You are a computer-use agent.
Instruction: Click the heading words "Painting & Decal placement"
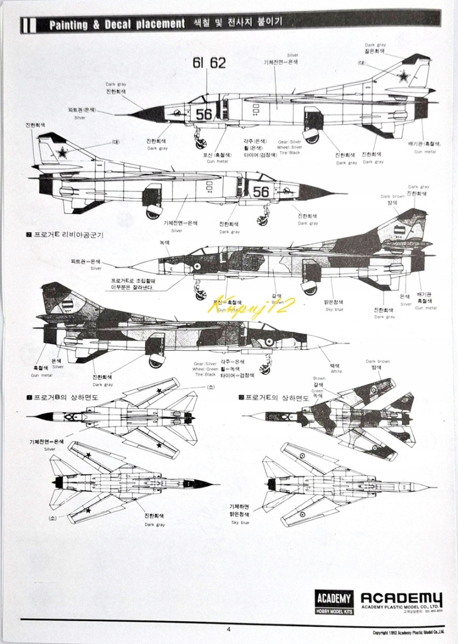click(x=116, y=24)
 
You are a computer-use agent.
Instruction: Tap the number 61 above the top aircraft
click(x=198, y=63)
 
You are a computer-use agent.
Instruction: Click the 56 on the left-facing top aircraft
click(x=204, y=114)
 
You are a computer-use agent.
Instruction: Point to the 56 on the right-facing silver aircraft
click(x=261, y=191)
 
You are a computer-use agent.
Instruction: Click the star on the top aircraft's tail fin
click(x=404, y=76)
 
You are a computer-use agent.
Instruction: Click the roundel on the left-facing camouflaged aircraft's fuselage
click(x=197, y=266)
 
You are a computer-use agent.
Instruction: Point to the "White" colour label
click(x=336, y=371)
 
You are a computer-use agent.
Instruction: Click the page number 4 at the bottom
click(x=228, y=628)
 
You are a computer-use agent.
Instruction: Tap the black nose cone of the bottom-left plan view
click(x=205, y=484)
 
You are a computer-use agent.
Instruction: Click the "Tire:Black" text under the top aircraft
click(x=289, y=153)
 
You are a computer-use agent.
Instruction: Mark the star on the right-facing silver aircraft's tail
click(x=62, y=153)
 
